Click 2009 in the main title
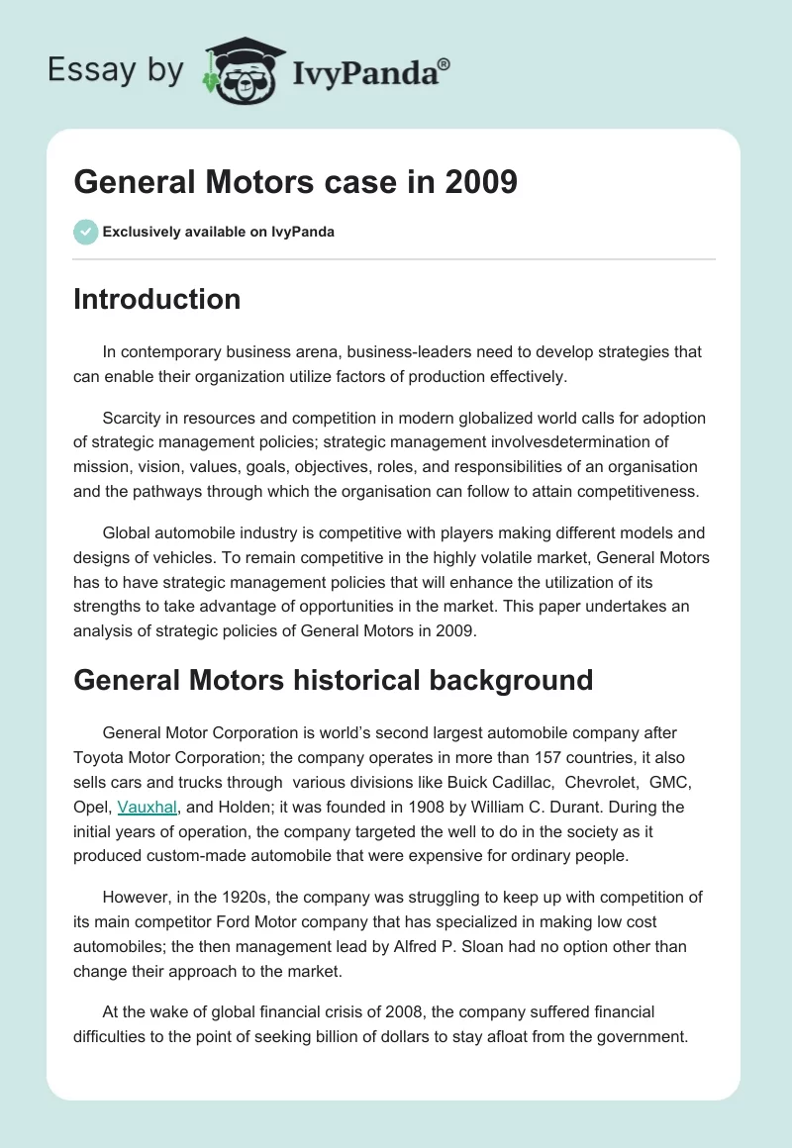click(481, 183)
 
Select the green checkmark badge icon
click(85, 232)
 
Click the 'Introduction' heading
click(156, 299)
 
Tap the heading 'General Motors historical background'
click(333, 680)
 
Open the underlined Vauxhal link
click(148, 807)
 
